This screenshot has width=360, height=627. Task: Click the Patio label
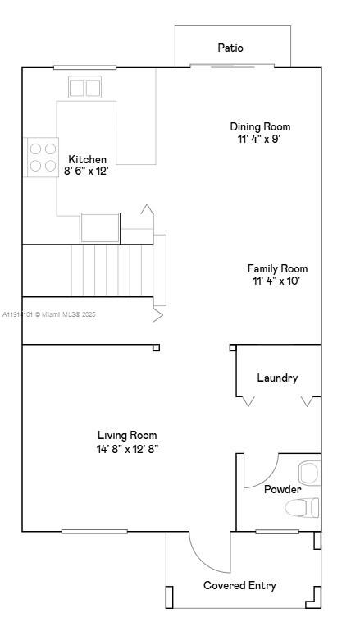point(230,48)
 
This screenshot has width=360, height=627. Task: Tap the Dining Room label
point(260,126)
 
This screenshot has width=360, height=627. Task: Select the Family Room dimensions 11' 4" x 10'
point(277,281)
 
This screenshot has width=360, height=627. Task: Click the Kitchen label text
point(87,159)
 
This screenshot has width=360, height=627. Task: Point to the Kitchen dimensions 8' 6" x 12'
point(87,171)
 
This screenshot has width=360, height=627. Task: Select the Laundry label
point(277,378)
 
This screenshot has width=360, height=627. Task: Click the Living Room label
point(127,435)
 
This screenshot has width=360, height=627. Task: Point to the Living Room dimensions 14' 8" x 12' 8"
point(127,448)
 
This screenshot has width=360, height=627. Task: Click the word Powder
point(282,489)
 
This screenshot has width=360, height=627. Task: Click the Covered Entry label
point(239,585)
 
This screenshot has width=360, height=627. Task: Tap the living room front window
point(94,532)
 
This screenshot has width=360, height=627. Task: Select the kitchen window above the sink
point(84,67)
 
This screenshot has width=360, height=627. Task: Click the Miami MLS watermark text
point(49,314)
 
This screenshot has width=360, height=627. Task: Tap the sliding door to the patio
point(222,66)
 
